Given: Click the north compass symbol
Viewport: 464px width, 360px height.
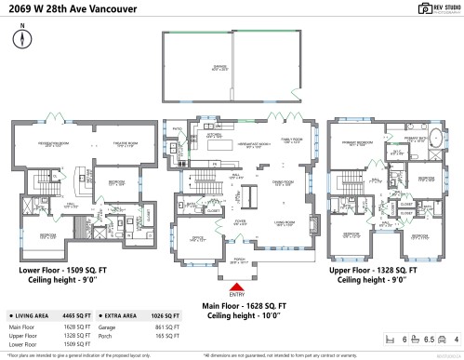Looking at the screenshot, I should click(x=20, y=38).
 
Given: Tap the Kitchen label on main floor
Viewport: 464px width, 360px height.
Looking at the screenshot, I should click(x=211, y=136).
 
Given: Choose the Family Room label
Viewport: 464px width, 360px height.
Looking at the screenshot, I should click(x=277, y=141).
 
